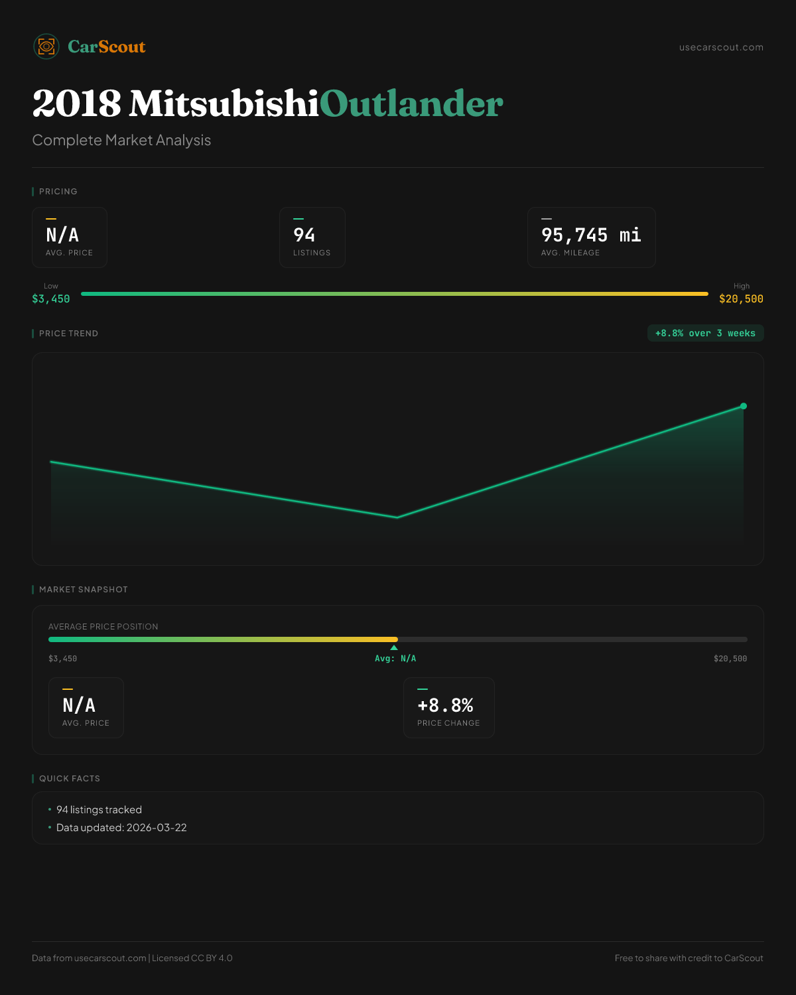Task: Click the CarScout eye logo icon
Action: [x=46, y=46]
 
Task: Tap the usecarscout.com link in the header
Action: [x=721, y=47]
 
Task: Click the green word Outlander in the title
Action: [x=411, y=104]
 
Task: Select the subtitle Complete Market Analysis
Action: [x=121, y=140]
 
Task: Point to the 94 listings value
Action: [x=304, y=235]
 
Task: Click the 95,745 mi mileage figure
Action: [x=591, y=235]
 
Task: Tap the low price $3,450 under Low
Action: [x=51, y=299]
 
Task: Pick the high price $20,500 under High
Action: [x=741, y=299]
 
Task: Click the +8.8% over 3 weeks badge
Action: [x=705, y=333]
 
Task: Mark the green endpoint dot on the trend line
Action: [x=744, y=406]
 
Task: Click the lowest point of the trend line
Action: [x=397, y=517]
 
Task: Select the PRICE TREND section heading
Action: [x=68, y=334]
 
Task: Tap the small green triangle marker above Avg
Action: [x=394, y=647]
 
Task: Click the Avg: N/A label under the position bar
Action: [x=395, y=659]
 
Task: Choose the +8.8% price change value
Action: [x=445, y=705]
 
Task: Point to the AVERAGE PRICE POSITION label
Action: [x=103, y=627]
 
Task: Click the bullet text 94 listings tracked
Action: [x=99, y=810]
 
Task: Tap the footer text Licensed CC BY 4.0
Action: [x=192, y=958]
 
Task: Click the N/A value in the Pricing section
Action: [x=62, y=235]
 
